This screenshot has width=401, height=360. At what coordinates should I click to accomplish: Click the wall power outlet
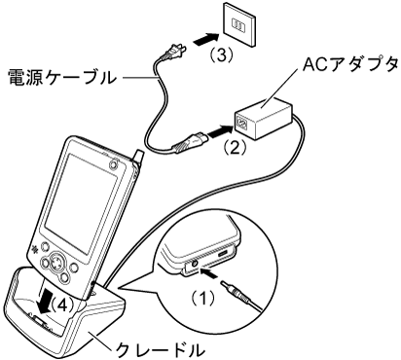pyautogui.click(x=239, y=24)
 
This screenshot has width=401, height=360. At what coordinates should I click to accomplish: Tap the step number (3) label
pyautogui.click(x=221, y=55)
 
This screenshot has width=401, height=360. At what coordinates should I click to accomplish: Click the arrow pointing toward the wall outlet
pyautogui.click(x=205, y=39)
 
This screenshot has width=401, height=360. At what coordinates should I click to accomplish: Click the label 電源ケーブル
pyautogui.click(x=61, y=78)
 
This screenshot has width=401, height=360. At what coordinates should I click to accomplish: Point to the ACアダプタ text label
pyautogui.click(x=349, y=64)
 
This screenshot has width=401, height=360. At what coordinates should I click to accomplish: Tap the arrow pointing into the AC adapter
pyautogui.click(x=220, y=130)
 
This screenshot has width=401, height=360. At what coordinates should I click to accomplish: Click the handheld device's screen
pyautogui.click(x=82, y=205)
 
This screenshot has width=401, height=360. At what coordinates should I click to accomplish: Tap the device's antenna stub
pyautogui.click(x=137, y=157)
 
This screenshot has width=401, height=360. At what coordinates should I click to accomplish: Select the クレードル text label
pyautogui.click(x=161, y=349)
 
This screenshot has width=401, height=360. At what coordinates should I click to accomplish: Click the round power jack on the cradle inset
pyautogui.click(x=194, y=264)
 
